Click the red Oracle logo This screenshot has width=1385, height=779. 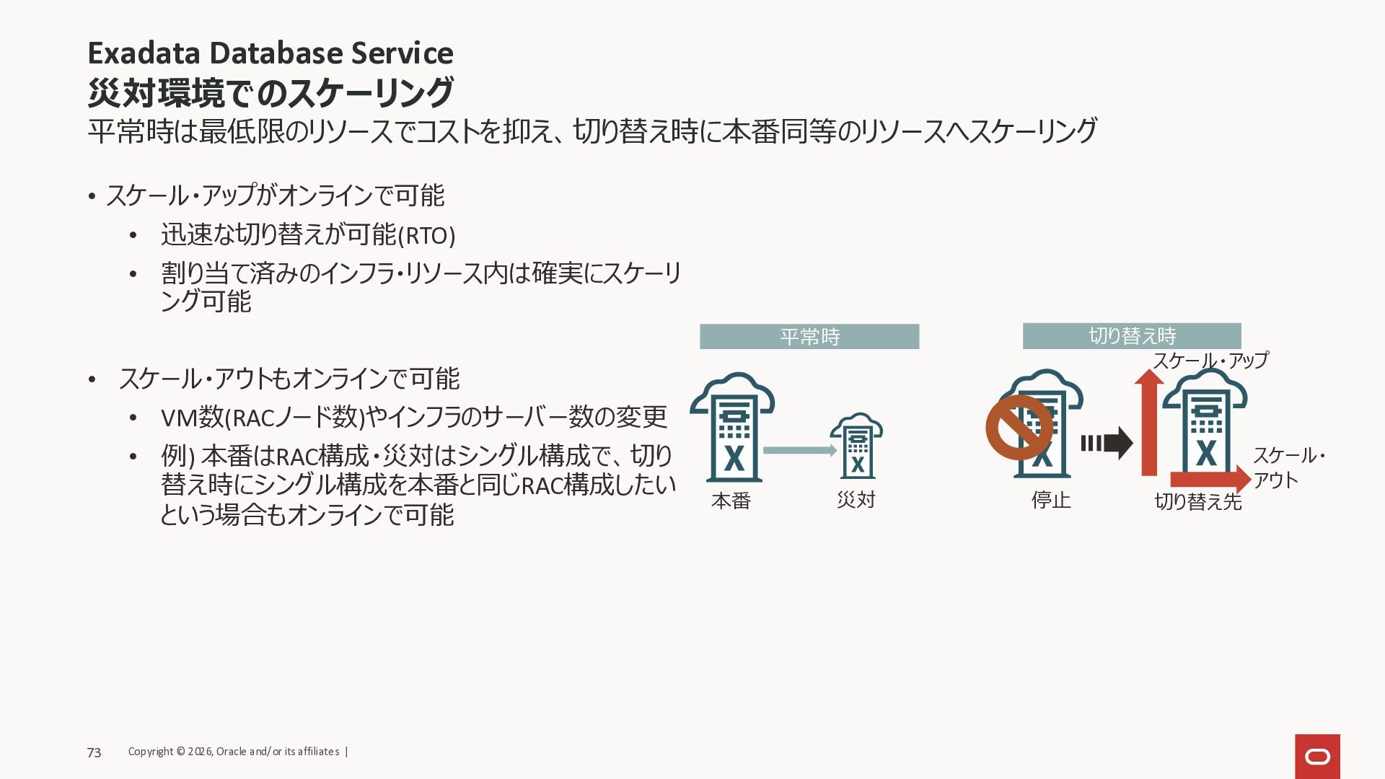pyautogui.click(x=1317, y=756)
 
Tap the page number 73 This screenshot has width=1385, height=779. pyautogui.click(x=94, y=752)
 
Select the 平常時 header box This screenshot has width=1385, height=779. pyautogui.click(x=809, y=337)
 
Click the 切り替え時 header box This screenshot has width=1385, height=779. pyautogui.click(x=1132, y=336)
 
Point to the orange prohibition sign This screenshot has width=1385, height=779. pyautogui.click(x=1019, y=427)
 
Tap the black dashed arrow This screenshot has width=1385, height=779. pyautogui.click(x=1107, y=443)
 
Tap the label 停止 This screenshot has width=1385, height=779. pyautogui.click(x=1051, y=500)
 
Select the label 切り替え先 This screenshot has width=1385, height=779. pyautogui.click(x=1197, y=501)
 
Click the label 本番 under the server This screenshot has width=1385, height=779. pyautogui.click(x=731, y=501)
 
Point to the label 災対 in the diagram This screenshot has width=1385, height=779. pyautogui.click(x=856, y=500)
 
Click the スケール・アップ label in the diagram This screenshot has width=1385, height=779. pyautogui.click(x=1210, y=361)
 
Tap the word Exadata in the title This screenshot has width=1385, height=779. pyautogui.click(x=142, y=53)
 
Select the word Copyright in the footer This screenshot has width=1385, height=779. pyautogui.click(x=151, y=752)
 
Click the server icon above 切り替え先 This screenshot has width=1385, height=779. pyautogui.click(x=1205, y=429)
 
